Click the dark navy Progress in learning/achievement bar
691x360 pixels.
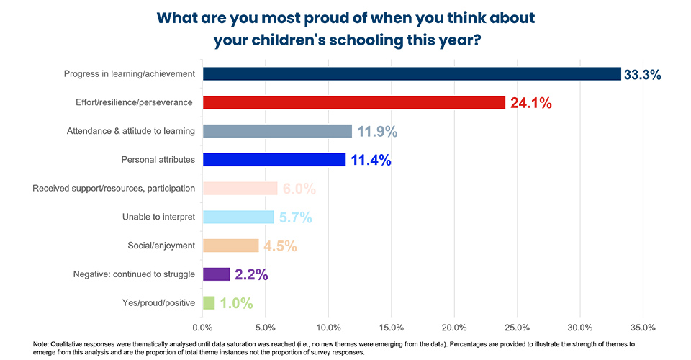(412, 74)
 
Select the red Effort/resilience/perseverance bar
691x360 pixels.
(354, 102)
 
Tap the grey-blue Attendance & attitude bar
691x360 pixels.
(277, 131)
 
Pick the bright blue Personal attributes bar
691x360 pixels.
(274, 160)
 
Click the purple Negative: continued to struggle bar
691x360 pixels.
(217, 274)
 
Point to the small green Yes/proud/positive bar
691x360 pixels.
(209, 303)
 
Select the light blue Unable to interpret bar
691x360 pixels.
(238, 217)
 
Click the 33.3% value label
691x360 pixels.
(642, 75)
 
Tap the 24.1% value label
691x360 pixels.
(530, 103)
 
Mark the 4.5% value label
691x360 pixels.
(280, 246)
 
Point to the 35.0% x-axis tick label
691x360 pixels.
(643, 328)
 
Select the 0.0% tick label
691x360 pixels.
(204, 328)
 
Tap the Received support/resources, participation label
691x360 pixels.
(114, 189)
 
